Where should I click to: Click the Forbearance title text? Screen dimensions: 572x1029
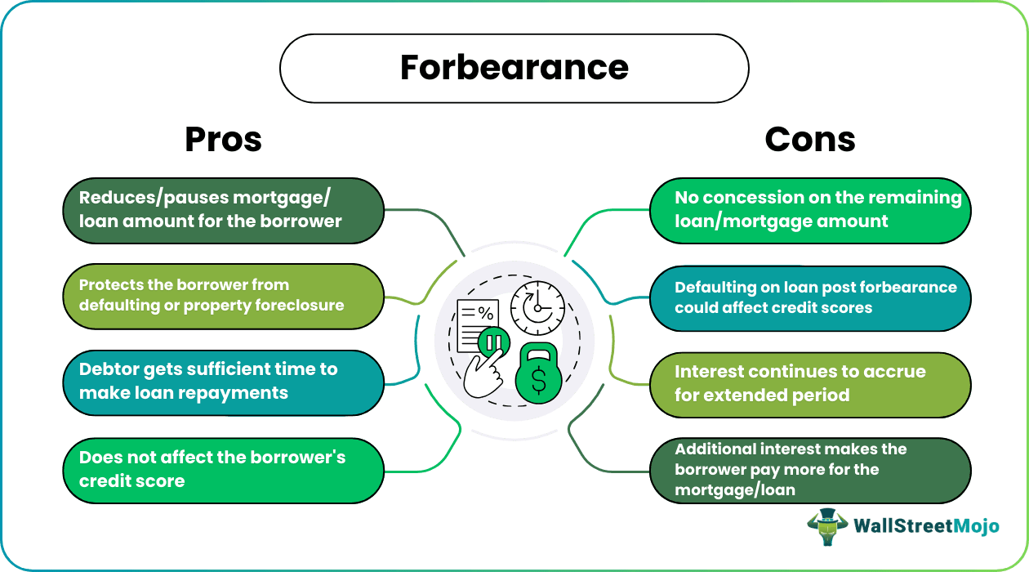514,68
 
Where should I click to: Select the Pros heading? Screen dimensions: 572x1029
223,140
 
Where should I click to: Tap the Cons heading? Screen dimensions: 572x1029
809,140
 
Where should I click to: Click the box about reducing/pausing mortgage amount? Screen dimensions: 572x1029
223,210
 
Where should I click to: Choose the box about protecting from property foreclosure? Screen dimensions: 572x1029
223,296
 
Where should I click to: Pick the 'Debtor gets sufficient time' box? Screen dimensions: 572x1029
223,382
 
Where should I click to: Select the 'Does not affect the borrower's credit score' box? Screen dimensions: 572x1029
223,470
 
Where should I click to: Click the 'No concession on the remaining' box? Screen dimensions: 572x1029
809,210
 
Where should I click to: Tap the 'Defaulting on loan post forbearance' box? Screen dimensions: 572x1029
809,298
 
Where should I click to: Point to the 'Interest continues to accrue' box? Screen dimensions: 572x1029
809,384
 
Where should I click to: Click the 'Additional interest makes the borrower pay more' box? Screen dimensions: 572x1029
809,470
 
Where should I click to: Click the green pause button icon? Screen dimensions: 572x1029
493,342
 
